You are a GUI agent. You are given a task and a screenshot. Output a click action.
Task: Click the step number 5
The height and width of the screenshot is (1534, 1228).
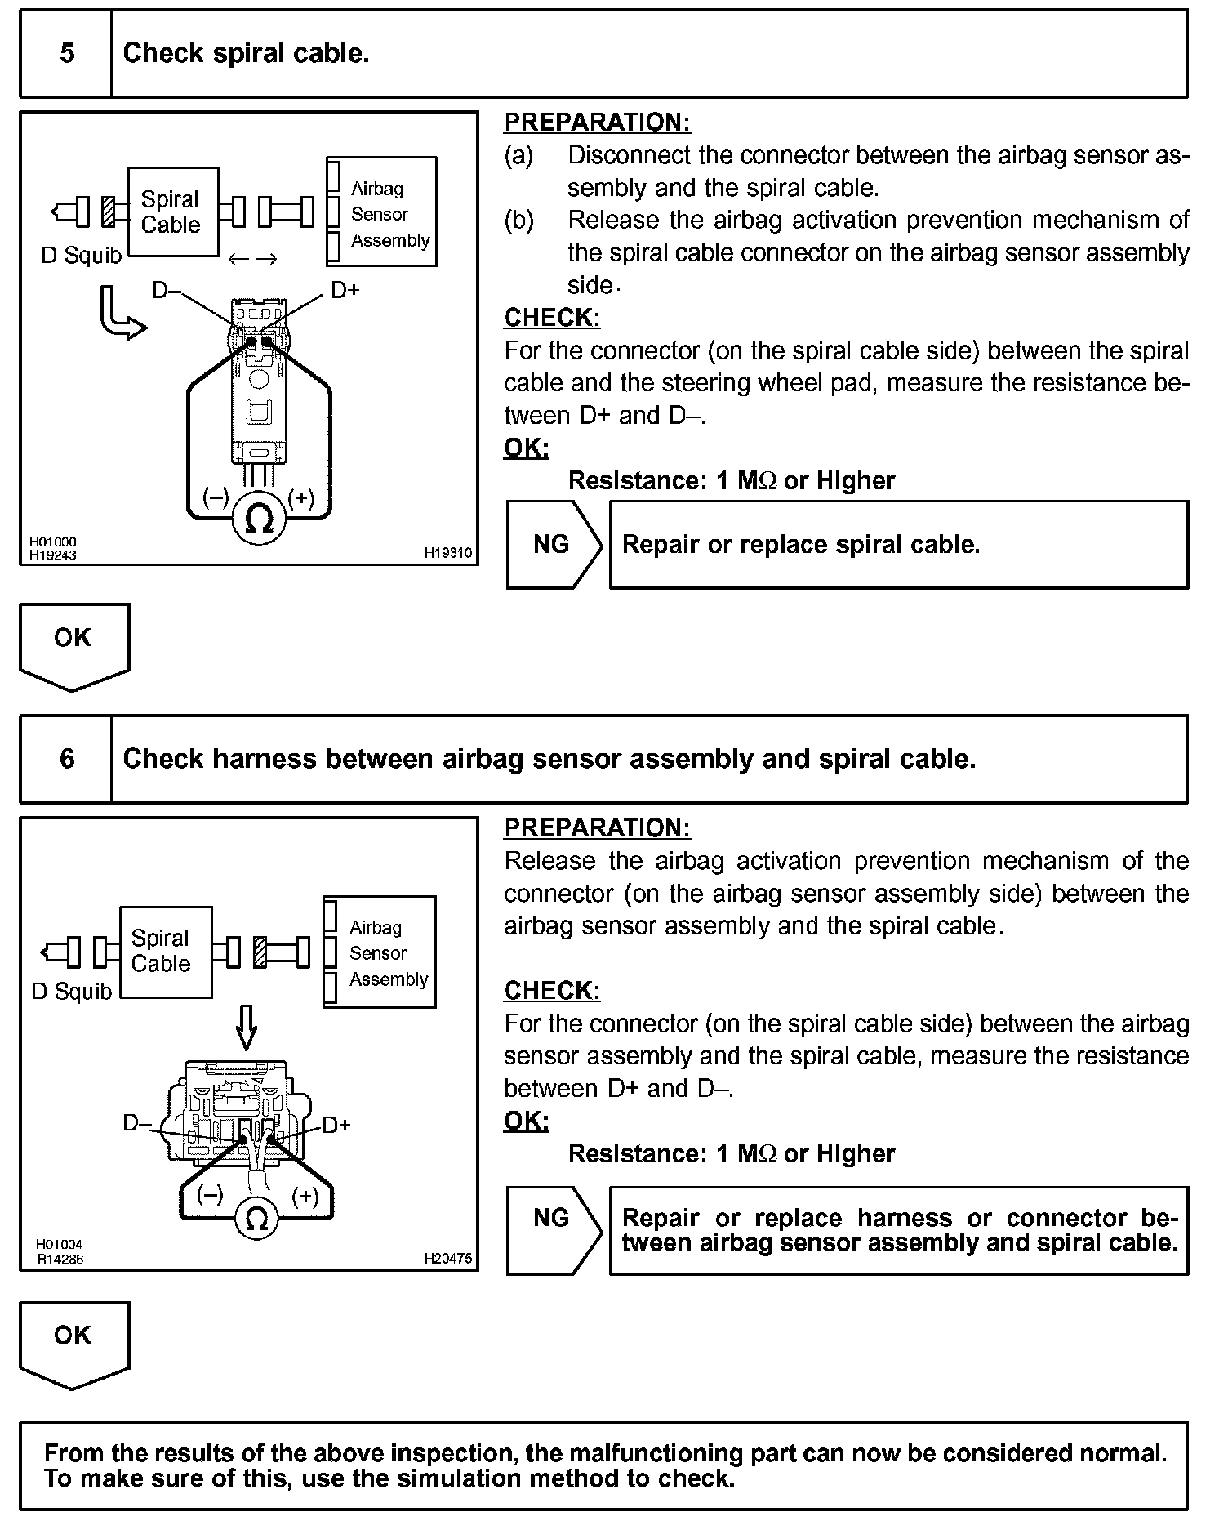tap(67, 54)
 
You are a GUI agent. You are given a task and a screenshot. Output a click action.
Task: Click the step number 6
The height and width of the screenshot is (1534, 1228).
tap(67, 759)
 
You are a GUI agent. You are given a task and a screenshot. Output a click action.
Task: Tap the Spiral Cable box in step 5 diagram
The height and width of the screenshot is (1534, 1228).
tap(173, 212)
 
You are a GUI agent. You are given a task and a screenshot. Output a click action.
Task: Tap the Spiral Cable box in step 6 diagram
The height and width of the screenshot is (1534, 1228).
tap(165, 952)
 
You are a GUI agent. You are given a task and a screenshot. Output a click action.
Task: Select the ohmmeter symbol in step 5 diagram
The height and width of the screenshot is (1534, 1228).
tap(259, 519)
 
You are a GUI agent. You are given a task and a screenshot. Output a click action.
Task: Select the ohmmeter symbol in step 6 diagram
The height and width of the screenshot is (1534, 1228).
tap(256, 1220)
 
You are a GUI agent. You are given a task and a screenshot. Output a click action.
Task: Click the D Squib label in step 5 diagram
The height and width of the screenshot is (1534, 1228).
tap(81, 256)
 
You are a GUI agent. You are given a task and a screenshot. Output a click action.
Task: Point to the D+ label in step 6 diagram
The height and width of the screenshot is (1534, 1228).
tap(336, 1126)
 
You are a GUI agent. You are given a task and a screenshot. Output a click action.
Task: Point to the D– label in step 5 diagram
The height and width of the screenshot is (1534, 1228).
tap(167, 289)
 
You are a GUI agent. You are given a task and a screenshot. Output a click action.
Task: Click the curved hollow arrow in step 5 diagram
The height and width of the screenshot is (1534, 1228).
tap(119, 314)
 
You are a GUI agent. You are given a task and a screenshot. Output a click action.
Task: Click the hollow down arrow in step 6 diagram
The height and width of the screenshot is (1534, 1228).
tap(247, 1027)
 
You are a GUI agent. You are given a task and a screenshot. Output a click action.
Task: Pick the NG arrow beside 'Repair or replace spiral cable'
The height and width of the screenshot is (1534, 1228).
tap(553, 545)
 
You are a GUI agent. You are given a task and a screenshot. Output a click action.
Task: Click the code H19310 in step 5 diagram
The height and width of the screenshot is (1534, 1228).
tap(447, 553)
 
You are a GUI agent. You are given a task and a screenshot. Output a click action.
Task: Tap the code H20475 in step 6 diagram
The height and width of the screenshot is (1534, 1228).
tap(447, 1259)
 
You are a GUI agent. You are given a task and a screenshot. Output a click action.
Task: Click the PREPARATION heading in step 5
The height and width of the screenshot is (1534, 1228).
tap(597, 123)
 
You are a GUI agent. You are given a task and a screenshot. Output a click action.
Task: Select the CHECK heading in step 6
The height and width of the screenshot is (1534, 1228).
tap(552, 991)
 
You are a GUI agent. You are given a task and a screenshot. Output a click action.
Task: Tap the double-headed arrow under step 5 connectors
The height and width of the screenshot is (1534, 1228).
tap(252, 260)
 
